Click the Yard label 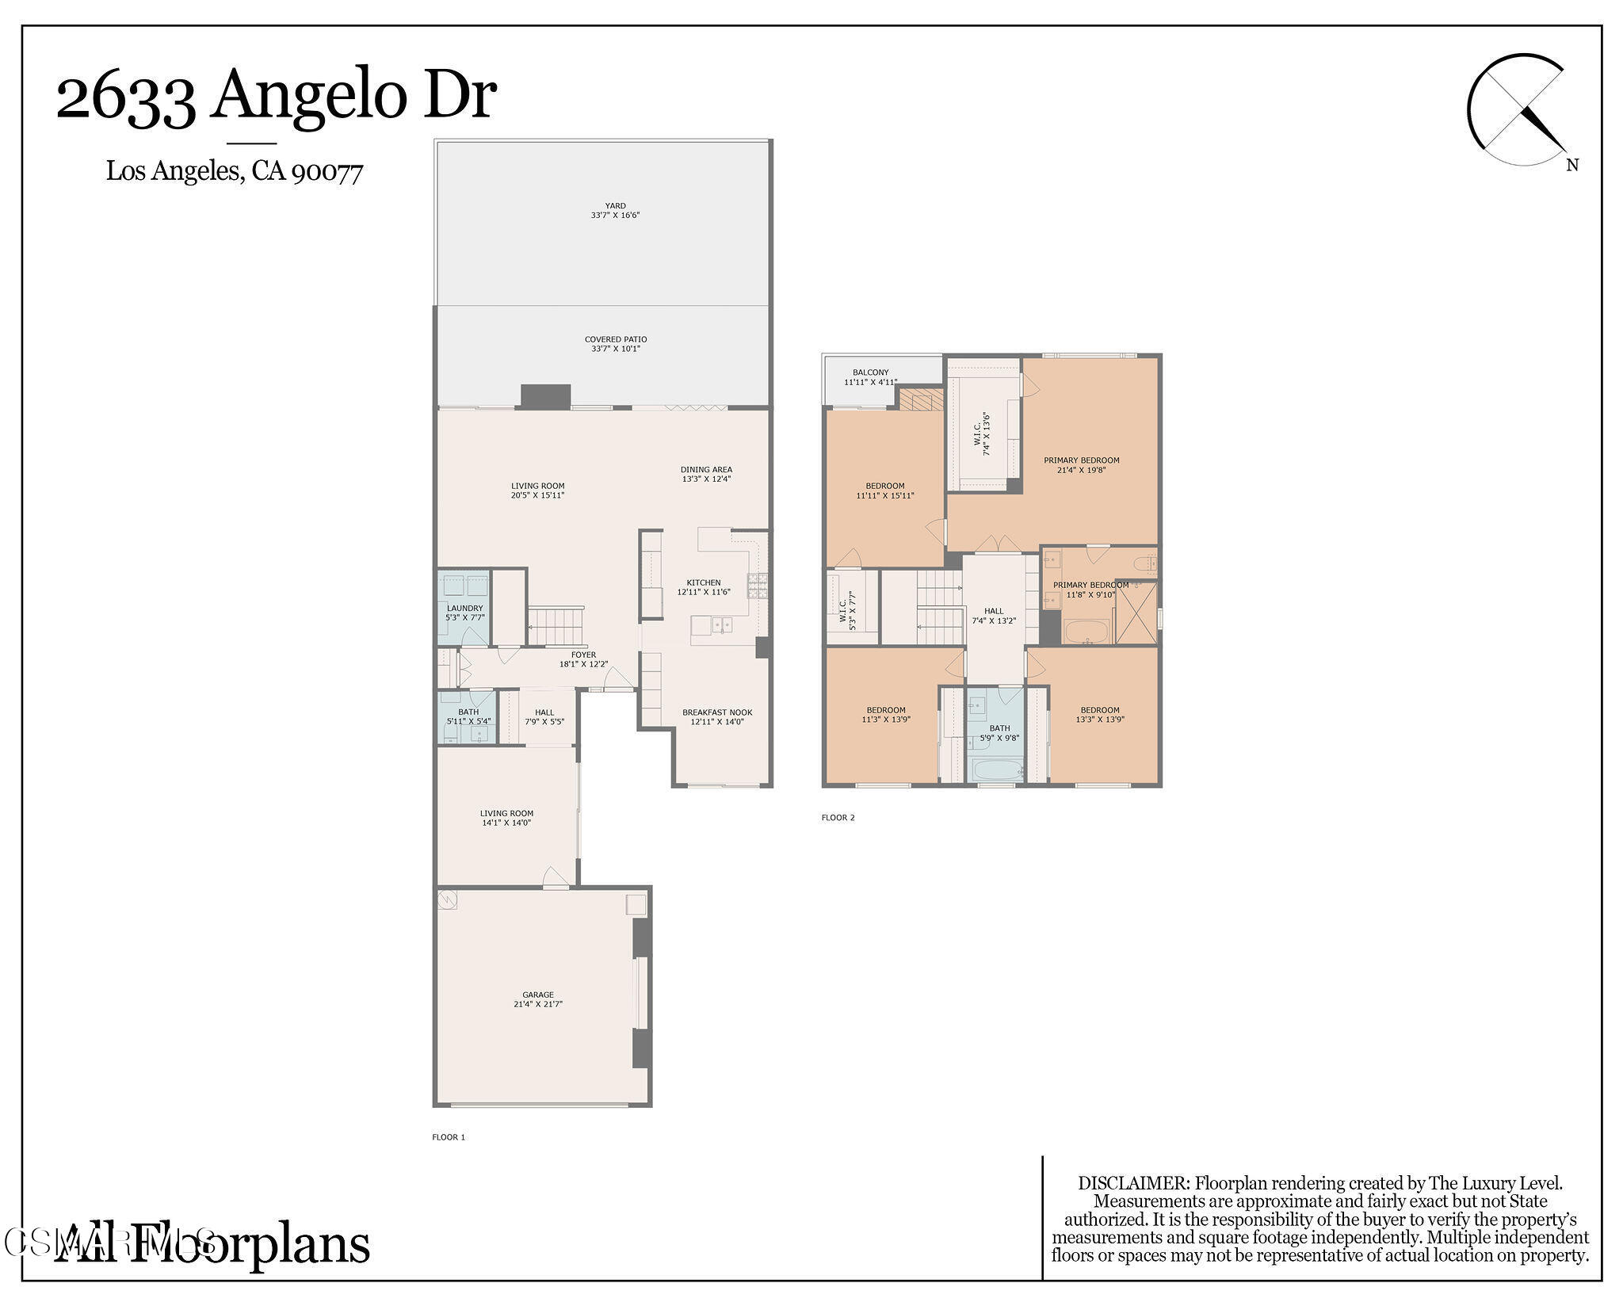click(x=615, y=210)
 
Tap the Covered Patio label click(x=616, y=344)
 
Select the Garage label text click(x=538, y=999)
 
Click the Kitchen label click(x=704, y=587)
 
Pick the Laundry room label click(x=464, y=613)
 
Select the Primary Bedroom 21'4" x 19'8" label click(x=1081, y=464)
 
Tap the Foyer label click(x=583, y=659)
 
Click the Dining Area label click(x=706, y=474)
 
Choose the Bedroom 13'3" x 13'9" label click(x=1100, y=715)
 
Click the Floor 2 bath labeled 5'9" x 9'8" click(x=999, y=733)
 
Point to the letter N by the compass click(x=1572, y=166)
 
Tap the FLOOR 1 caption click(x=449, y=1137)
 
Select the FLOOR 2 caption click(x=838, y=818)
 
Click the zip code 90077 click(x=327, y=171)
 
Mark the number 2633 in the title click(x=125, y=97)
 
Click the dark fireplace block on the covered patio click(x=545, y=396)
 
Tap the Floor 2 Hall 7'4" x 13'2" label click(x=994, y=616)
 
